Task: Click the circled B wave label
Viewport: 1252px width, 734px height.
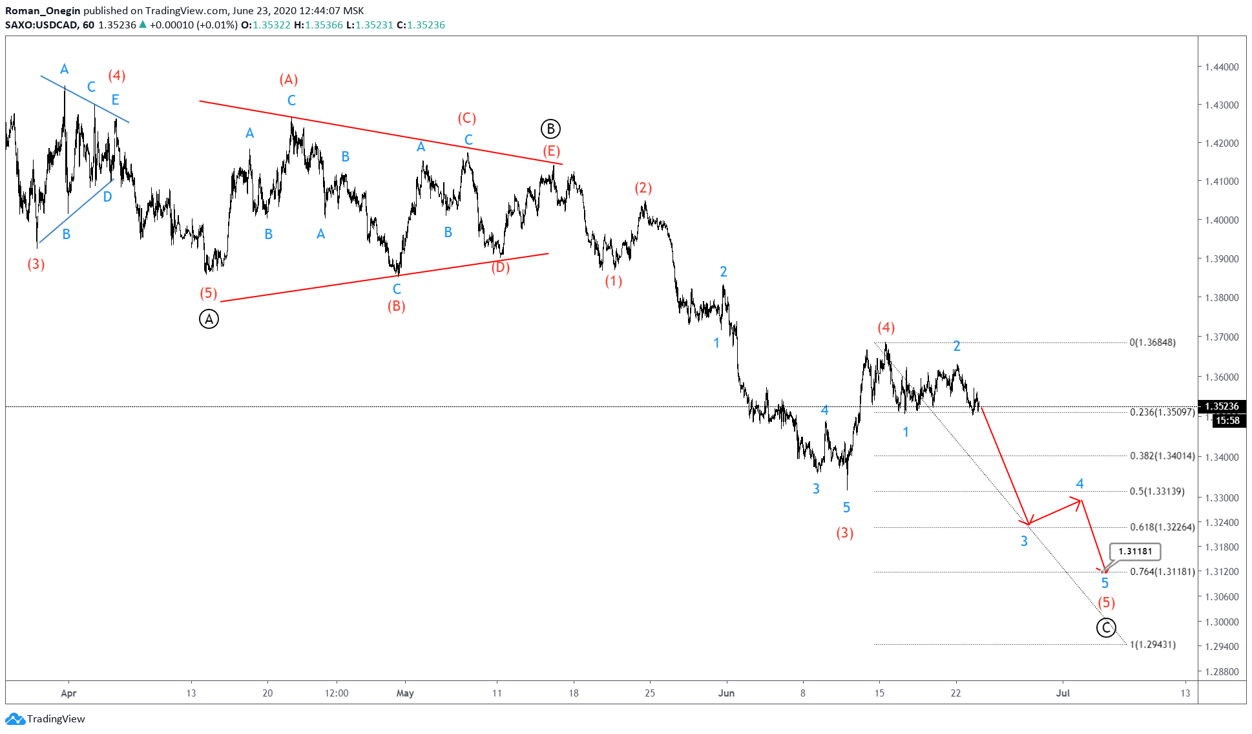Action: tap(550, 129)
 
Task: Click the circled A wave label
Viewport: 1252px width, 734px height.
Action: tap(209, 319)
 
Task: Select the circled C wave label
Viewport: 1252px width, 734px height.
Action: tap(1106, 627)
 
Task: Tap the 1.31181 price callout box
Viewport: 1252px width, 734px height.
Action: tap(1135, 551)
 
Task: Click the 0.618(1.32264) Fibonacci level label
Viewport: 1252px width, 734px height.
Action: tap(1162, 527)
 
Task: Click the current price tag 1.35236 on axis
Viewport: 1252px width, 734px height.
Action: tap(1222, 406)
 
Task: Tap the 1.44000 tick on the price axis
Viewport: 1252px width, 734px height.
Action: tap(1222, 67)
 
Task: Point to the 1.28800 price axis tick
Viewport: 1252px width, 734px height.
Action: tap(1222, 672)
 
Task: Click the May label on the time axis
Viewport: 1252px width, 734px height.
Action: tap(405, 693)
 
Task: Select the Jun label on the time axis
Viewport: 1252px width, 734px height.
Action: tap(726, 693)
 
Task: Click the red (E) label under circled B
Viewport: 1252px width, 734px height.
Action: tap(551, 151)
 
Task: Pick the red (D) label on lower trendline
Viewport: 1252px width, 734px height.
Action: tap(500, 267)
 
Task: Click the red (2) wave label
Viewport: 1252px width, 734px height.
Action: tap(643, 188)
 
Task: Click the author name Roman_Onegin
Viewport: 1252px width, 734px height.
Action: tap(43, 10)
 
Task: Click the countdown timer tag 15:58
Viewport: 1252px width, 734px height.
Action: tap(1227, 421)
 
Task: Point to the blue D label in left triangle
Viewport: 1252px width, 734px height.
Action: tap(107, 197)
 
